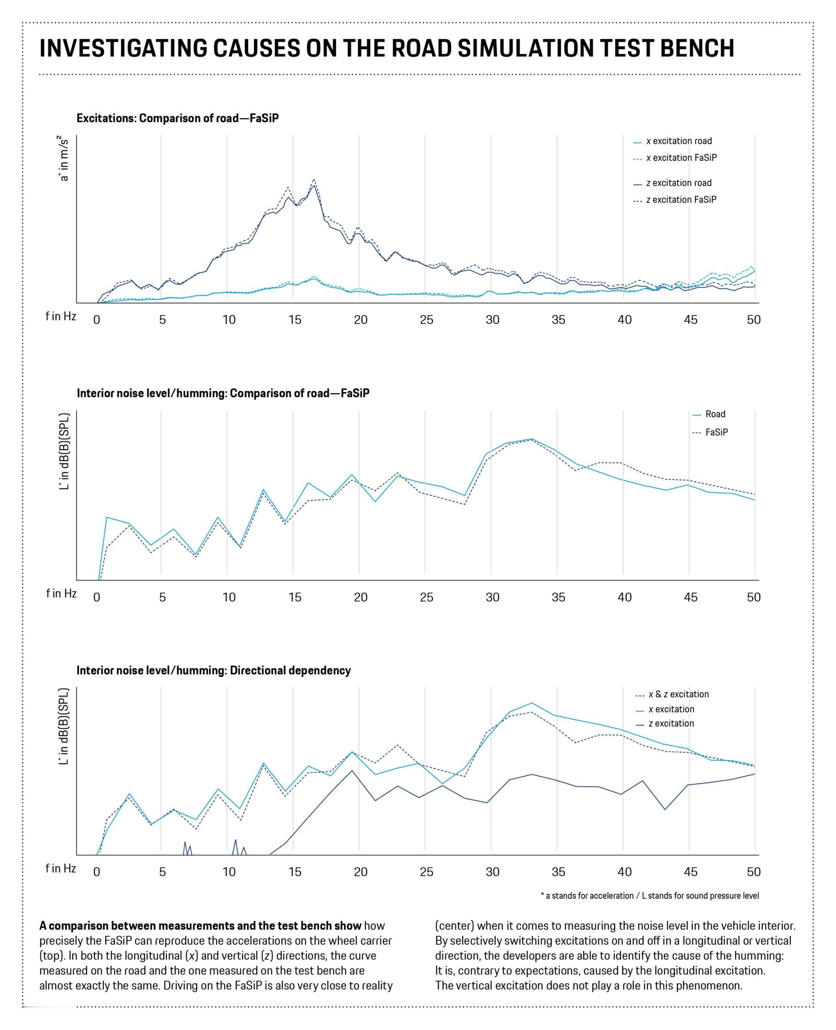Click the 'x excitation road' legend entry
tap(679, 141)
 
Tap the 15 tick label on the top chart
tap(295, 320)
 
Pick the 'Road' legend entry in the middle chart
tap(715, 414)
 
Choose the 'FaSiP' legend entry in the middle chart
tap(716, 432)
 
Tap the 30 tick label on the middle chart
tap(492, 597)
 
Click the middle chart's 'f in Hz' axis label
tap(61, 593)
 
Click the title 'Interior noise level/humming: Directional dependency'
tap(213, 670)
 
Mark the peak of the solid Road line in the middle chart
tap(531, 439)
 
